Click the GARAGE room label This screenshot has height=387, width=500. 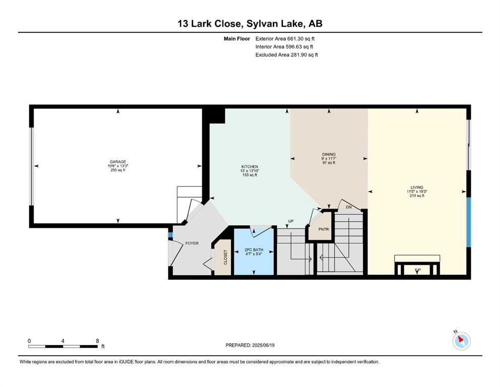click(x=118, y=162)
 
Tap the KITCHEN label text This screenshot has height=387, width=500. click(x=249, y=166)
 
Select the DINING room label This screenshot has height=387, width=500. click(x=329, y=154)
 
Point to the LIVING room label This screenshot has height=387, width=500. click(x=417, y=187)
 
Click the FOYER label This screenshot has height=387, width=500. click(x=192, y=243)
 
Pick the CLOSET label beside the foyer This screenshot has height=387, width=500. click(x=226, y=257)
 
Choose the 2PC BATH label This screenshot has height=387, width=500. click(x=254, y=250)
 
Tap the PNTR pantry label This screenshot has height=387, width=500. click(x=323, y=229)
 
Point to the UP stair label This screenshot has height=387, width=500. click(x=291, y=221)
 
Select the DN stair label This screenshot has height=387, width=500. click(x=348, y=207)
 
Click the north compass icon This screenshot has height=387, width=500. click(x=461, y=341)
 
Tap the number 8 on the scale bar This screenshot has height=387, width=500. click(x=98, y=341)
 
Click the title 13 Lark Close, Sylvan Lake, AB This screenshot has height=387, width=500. click(x=250, y=24)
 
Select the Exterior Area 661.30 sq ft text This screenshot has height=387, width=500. click(x=285, y=39)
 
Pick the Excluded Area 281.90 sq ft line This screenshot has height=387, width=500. click(x=287, y=54)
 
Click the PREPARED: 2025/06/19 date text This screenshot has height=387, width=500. click(x=250, y=345)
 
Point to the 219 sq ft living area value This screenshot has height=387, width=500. click(x=417, y=196)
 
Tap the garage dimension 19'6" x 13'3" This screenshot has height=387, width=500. click(x=118, y=166)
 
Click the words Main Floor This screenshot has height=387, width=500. click(x=237, y=39)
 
